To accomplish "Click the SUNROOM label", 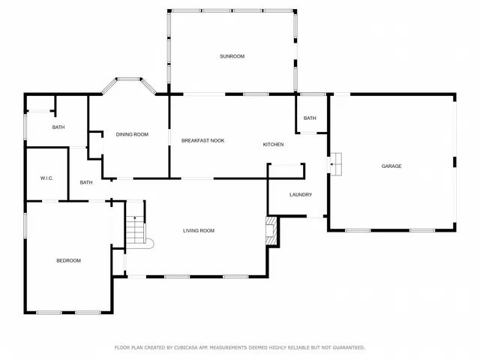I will pos(232,56).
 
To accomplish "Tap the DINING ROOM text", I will pos(132,134).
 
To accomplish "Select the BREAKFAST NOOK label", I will pos(203,140).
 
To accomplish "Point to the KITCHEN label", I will pos(273,144).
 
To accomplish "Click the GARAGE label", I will pos(391,166).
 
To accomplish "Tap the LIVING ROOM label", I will pos(199,230).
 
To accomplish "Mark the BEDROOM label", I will pos(68,260).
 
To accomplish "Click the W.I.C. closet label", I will pos(46,178).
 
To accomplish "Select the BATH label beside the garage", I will pos(310,118).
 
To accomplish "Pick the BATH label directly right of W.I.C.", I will pos(86,182).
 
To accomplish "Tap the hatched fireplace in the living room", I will pos(271,231).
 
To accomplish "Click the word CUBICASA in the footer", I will pos(190,347).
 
